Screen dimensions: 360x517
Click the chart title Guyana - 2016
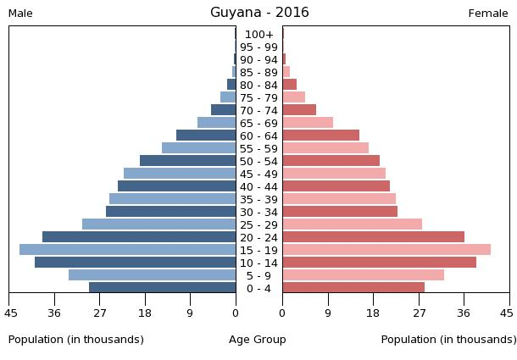coord(259,13)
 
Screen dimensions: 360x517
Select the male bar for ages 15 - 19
coord(127,250)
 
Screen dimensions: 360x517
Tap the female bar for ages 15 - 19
coord(386,250)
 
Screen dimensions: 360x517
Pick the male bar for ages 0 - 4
coord(162,288)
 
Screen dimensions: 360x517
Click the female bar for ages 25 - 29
coord(352,224)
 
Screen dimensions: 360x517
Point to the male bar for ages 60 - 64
coord(206,136)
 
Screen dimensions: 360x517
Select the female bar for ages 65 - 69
coord(308,123)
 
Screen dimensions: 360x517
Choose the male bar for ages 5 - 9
coord(152,275)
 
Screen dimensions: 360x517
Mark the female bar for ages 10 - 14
coord(379,263)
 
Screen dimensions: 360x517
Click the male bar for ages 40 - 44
coord(176,186)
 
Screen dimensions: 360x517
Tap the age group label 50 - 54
coord(258,161)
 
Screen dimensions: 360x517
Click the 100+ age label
coord(258,34)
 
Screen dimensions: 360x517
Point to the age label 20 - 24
coord(258,237)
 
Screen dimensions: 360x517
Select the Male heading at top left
coord(20,14)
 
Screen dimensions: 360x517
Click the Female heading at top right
coord(487,14)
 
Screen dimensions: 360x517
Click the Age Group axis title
coord(258,340)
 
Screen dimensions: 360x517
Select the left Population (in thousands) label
coord(76,340)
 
